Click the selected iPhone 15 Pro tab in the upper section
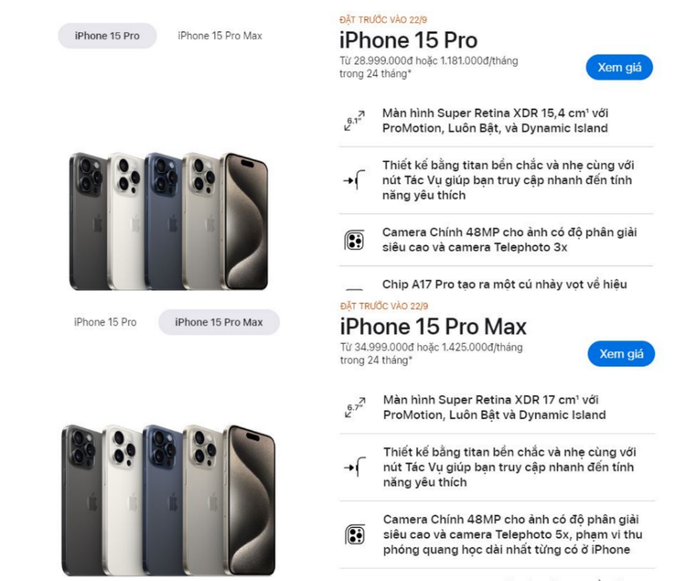click(x=107, y=36)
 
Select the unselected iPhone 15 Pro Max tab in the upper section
click(x=220, y=36)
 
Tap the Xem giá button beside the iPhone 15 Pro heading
click(x=619, y=68)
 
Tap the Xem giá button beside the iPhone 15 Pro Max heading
click(x=621, y=353)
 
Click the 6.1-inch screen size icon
click(x=354, y=121)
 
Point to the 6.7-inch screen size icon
click(x=355, y=407)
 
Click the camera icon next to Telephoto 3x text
click(x=354, y=241)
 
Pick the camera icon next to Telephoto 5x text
click(x=355, y=534)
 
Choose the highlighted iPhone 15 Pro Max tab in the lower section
click(x=219, y=322)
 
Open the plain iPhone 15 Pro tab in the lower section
click(x=105, y=322)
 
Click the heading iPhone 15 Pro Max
click(x=434, y=327)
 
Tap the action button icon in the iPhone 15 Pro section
click(x=354, y=180)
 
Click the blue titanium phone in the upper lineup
click(x=163, y=221)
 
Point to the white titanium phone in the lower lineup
click(x=123, y=500)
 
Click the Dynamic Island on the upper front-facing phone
click(x=247, y=164)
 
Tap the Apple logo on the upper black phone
click(x=98, y=224)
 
